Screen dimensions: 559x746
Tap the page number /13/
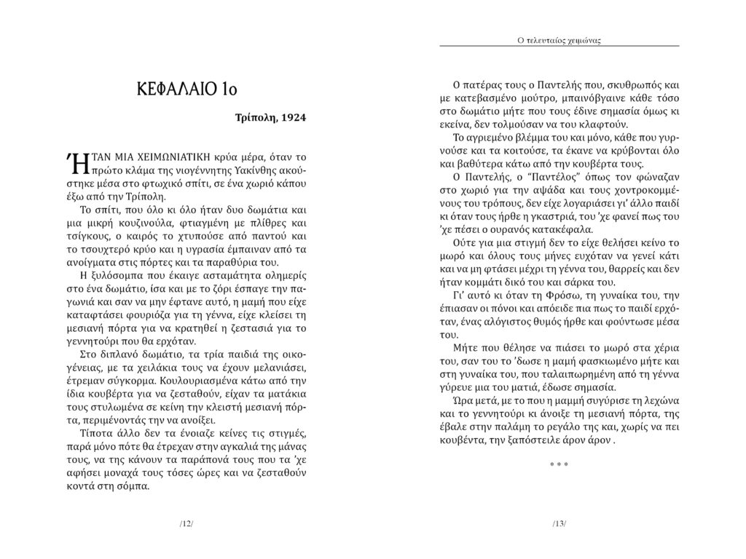559,523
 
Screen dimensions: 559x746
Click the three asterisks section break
559,464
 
